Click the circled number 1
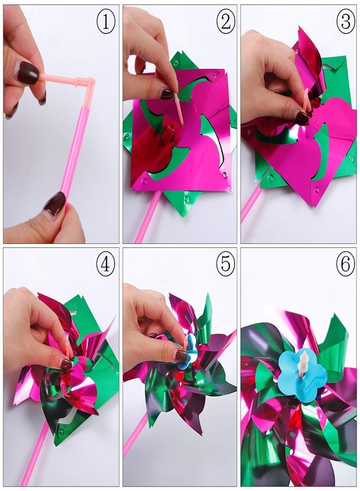pyautogui.click(x=106, y=21)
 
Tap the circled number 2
pyautogui.click(x=225, y=21)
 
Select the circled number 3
pyautogui.click(x=344, y=21)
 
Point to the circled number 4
pyautogui.click(x=106, y=265)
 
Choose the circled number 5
pyautogui.click(x=225, y=265)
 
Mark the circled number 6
pyautogui.click(x=344, y=265)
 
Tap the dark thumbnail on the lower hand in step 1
pyautogui.click(x=55, y=204)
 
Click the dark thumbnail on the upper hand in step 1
pyautogui.click(x=28, y=73)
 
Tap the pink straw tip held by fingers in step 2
pyautogui.click(x=179, y=106)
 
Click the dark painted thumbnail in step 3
pyautogui.click(x=302, y=117)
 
